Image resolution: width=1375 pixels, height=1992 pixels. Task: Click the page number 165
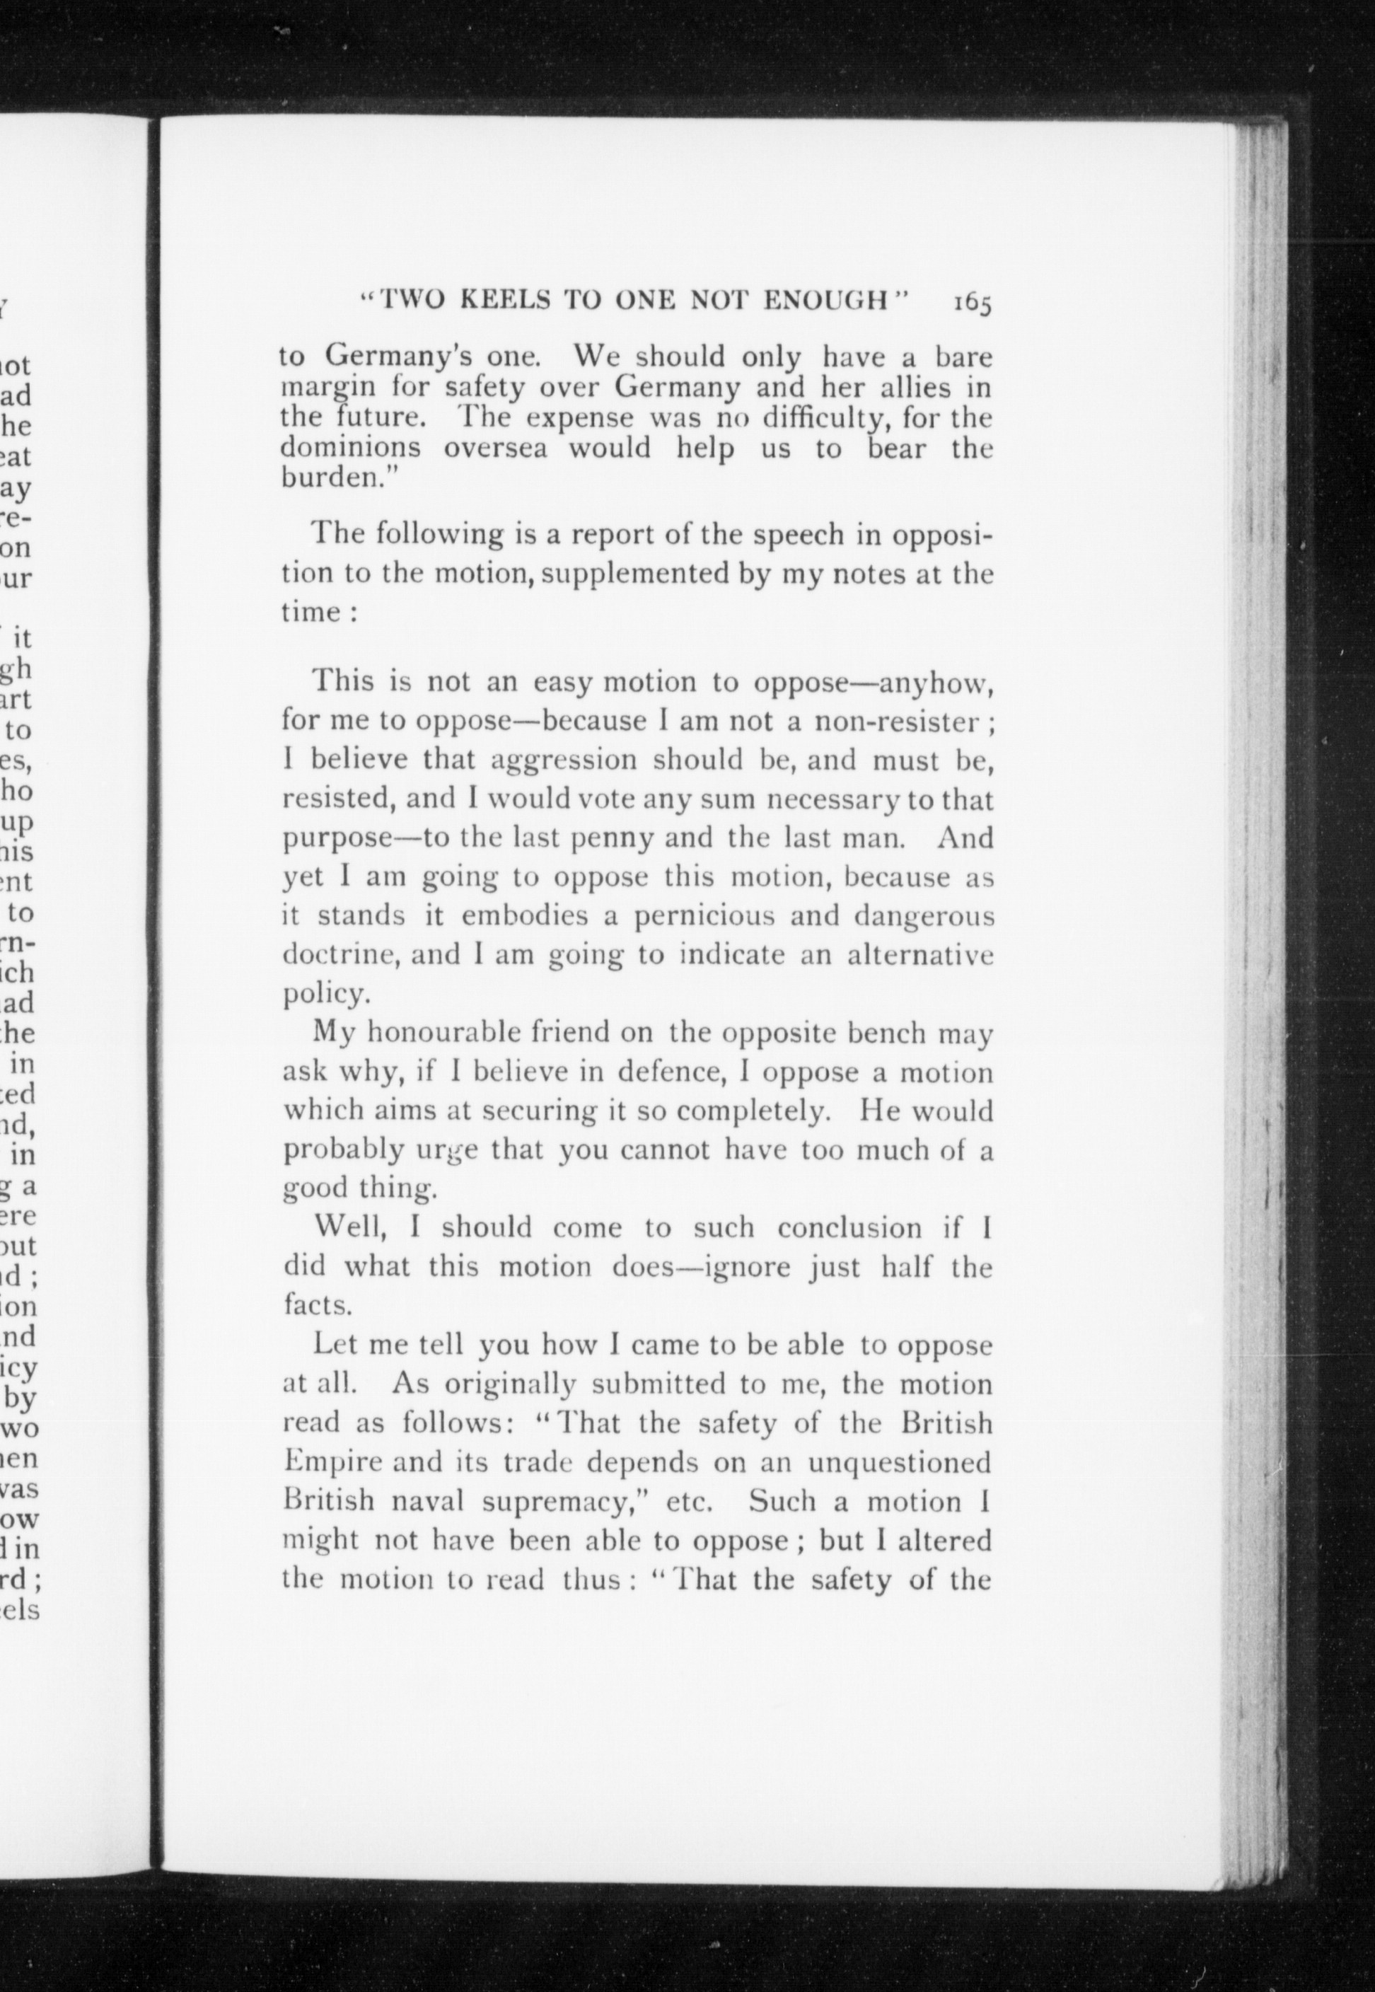(x=972, y=303)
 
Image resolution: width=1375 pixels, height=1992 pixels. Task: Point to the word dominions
(x=351, y=448)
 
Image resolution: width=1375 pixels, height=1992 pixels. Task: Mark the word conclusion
(x=850, y=1228)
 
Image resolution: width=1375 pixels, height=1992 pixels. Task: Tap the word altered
(x=944, y=1540)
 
